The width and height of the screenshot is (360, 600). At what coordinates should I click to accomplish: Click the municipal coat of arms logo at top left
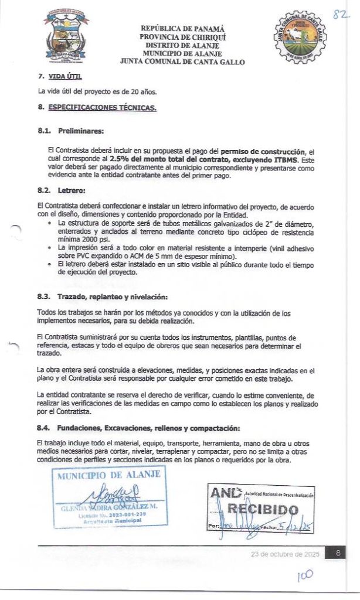(x=66, y=36)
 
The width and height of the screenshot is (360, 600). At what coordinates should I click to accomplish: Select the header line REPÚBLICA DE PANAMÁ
(x=182, y=29)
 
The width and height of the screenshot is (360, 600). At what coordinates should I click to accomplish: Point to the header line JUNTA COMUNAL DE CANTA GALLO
(x=182, y=62)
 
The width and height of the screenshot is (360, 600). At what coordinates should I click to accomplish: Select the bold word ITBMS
(x=286, y=159)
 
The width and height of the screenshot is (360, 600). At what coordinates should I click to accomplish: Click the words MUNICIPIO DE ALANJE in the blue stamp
(x=108, y=475)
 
